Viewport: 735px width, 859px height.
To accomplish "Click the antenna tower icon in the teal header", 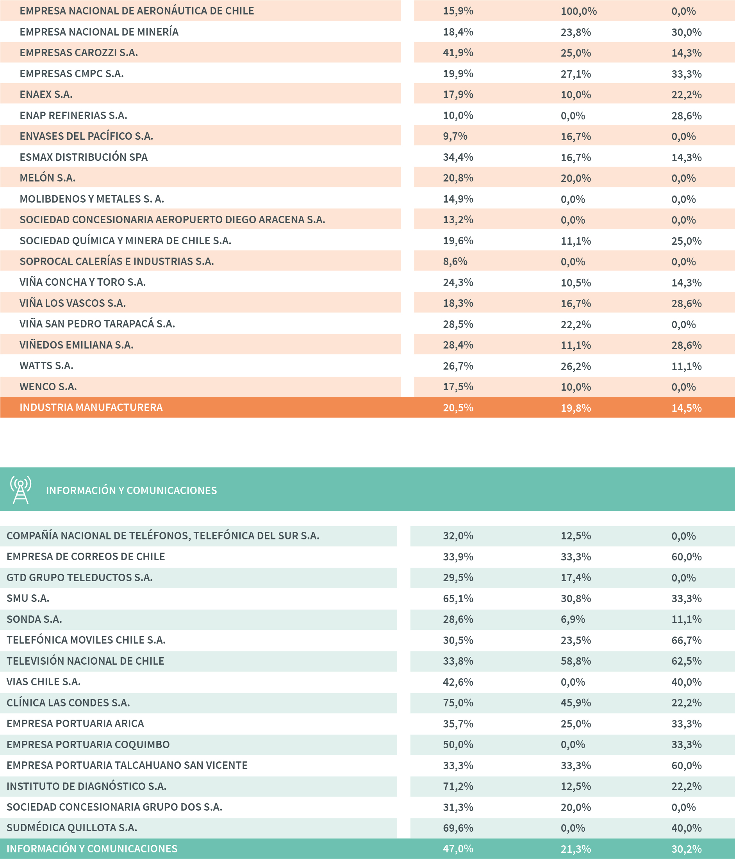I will (x=21, y=490).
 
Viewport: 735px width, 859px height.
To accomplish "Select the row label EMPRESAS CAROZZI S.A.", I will (x=78, y=53).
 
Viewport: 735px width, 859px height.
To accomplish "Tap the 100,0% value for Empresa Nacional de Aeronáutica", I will (x=578, y=11).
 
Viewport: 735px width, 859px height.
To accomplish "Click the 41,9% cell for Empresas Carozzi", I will (x=458, y=53).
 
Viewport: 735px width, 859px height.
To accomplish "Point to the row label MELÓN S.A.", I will (x=47, y=178).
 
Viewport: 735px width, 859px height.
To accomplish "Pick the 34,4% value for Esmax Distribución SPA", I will (x=458, y=157).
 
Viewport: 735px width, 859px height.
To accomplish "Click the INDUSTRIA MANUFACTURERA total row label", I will (x=91, y=407).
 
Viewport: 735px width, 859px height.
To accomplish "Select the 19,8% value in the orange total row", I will (x=576, y=408).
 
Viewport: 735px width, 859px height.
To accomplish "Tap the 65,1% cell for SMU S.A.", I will (x=458, y=598).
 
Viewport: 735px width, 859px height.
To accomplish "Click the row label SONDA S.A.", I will (x=34, y=619).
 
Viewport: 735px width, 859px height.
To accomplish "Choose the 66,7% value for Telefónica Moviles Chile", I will (x=687, y=640).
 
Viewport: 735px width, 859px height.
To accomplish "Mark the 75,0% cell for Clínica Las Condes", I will (x=458, y=703).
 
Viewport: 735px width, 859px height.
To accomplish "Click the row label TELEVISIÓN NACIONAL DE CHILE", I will (x=85, y=661).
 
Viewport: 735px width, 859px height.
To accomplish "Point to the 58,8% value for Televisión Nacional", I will (x=576, y=661).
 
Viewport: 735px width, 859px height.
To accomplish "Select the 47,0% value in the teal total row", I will (x=458, y=848).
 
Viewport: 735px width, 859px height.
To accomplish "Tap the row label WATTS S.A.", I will (x=46, y=366).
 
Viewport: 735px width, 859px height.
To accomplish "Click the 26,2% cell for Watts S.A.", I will (x=576, y=366).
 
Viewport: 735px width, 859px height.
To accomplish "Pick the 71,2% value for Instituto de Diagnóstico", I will (x=458, y=786).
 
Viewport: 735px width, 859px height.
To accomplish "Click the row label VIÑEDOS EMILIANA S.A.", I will (x=76, y=345).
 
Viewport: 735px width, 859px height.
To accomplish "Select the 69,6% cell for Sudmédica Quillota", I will (x=458, y=828).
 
